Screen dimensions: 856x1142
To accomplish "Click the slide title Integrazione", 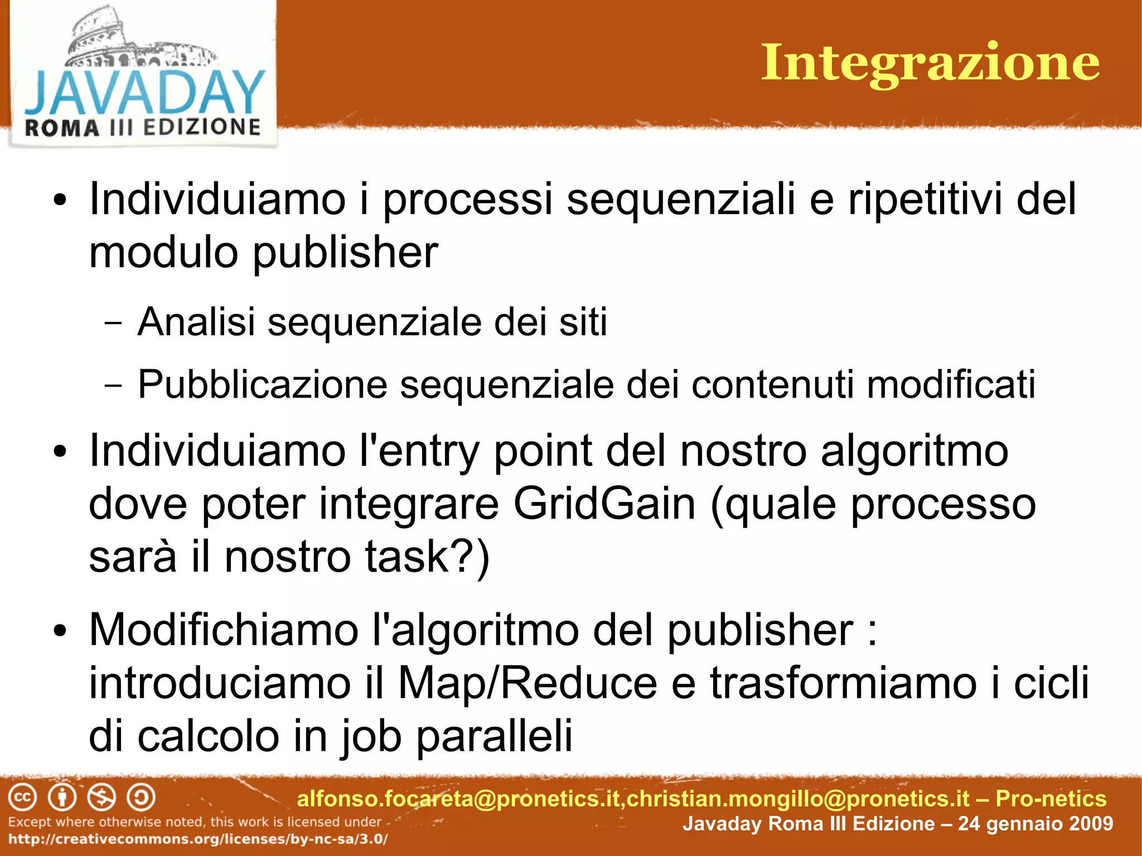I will coord(930,63).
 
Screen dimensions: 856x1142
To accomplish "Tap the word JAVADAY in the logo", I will coord(144,92).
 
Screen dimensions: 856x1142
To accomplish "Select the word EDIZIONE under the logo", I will coord(202,127).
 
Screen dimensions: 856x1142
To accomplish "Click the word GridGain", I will coord(604,504).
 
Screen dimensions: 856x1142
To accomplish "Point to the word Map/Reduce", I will coord(528,684).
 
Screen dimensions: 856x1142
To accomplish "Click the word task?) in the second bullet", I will coord(427,557).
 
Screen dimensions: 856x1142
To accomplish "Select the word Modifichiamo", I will coord(224,630).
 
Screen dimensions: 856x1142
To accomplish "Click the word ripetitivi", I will coord(925,199).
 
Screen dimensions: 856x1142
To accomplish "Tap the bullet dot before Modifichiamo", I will coord(60,631).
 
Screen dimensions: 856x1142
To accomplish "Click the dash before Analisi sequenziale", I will coord(113,322).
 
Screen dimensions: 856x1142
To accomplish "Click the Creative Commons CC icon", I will coord(22,797).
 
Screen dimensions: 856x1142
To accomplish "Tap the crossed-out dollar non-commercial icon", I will coord(102,797).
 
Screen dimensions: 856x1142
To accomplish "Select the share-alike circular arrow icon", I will coord(141,797).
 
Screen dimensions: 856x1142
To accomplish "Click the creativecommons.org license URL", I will coord(198,839).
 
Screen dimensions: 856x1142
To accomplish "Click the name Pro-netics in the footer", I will coord(1051,799).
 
